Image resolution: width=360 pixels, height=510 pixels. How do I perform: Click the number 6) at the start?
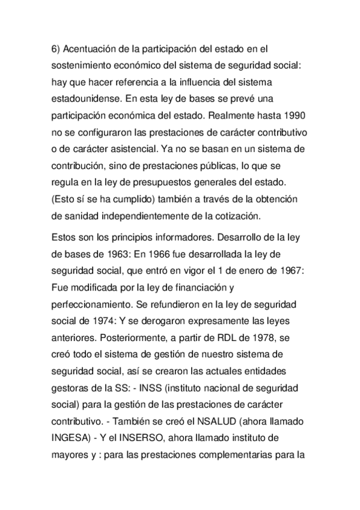coord(55,48)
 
